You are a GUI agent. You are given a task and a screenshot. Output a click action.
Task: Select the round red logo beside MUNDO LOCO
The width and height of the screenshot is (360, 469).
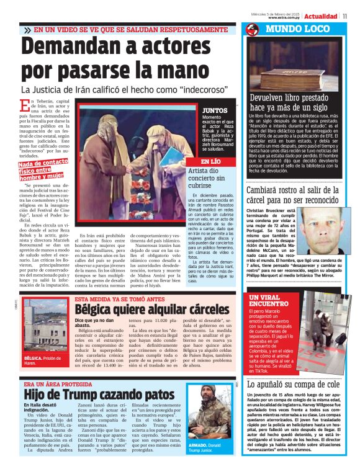click(x=251, y=30)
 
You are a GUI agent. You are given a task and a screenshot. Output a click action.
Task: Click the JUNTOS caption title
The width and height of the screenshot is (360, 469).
click(x=197, y=110)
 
